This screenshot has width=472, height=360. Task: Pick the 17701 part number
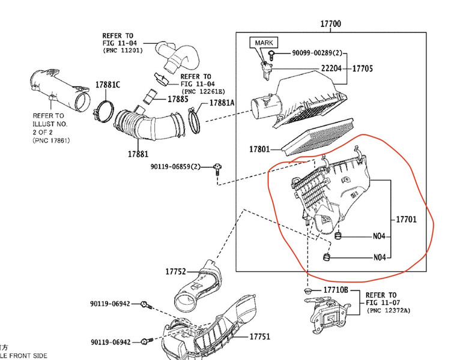406,220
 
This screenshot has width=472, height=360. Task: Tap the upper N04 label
379,236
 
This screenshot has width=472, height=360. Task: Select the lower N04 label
379,257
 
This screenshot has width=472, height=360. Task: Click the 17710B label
336,290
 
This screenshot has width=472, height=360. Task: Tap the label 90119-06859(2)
175,166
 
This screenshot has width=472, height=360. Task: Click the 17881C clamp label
107,85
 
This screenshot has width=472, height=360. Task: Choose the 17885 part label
180,99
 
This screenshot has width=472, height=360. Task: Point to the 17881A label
222,103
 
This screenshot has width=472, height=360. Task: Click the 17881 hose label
138,154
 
